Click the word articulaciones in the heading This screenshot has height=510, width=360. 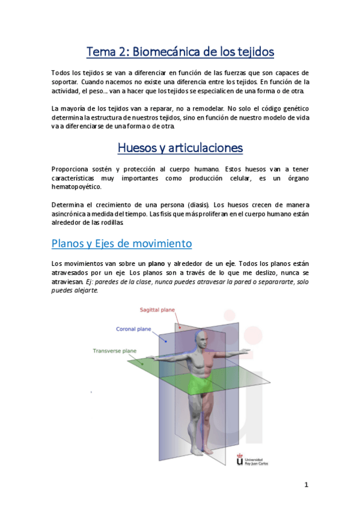(206, 147)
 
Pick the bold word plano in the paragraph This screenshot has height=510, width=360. (157, 263)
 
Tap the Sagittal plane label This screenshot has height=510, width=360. (157, 310)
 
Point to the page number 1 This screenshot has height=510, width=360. (306, 485)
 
